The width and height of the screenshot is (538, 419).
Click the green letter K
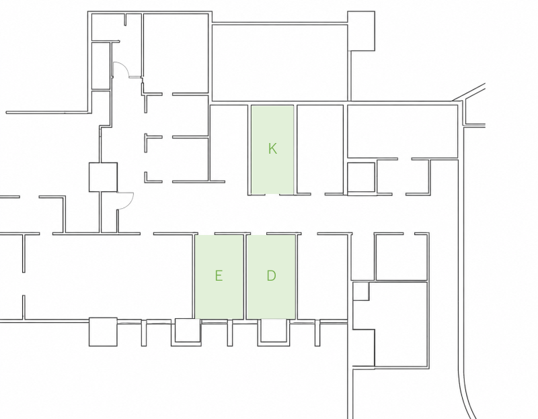coord(272,148)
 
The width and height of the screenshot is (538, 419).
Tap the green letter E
coord(219,275)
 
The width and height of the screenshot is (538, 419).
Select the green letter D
coord(271,275)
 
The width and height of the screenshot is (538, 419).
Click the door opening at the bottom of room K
coord(272,194)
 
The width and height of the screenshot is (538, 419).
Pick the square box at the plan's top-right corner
coord(361,31)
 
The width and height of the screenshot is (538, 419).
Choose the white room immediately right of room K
coord(320,149)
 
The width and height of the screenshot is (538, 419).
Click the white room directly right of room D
coord(324,277)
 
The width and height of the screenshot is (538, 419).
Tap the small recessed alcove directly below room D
coord(274,331)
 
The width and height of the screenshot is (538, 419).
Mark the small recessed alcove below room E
coord(188,331)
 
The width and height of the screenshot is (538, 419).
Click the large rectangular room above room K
coord(280,62)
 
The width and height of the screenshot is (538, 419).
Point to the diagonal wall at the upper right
coord(469,92)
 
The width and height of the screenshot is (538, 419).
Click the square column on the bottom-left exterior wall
coord(103,332)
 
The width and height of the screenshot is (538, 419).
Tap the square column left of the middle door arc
coord(103,177)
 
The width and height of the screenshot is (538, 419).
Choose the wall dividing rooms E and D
coord(245,277)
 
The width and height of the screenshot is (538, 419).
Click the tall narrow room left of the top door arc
coord(101,65)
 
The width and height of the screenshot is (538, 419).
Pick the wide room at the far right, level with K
coord(402,131)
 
